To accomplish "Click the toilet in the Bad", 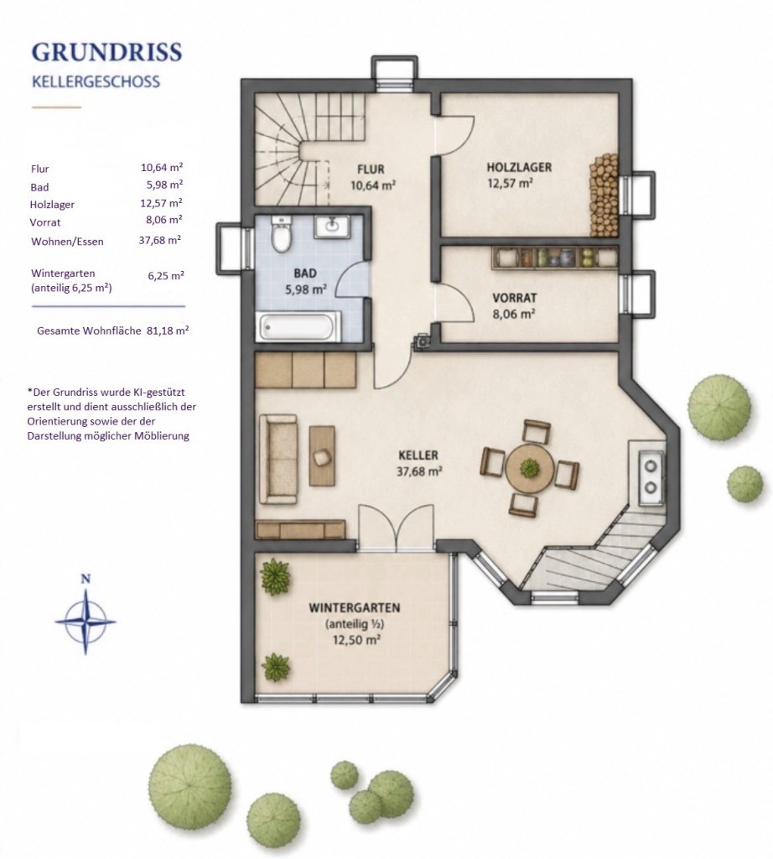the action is tap(282, 234).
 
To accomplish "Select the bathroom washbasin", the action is tap(332, 226).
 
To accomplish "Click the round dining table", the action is tap(529, 468).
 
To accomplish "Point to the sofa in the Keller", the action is tap(278, 459).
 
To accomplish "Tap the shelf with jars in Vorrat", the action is tap(554, 257).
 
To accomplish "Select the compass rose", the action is tap(86, 621).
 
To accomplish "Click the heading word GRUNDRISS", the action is tap(106, 51).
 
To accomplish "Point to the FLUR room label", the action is tap(371, 169).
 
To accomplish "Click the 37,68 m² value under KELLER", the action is tap(419, 471).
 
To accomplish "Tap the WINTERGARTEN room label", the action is tap(354, 607).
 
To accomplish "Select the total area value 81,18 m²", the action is tap(168, 331).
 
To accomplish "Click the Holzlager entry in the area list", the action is tap(52, 205).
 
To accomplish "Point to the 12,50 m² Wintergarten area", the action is tap(355, 639).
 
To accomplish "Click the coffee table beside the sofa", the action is tap(323, 456).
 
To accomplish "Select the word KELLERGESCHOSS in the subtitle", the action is tap(96, 81).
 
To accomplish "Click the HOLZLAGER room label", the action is tap(519, 167).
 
